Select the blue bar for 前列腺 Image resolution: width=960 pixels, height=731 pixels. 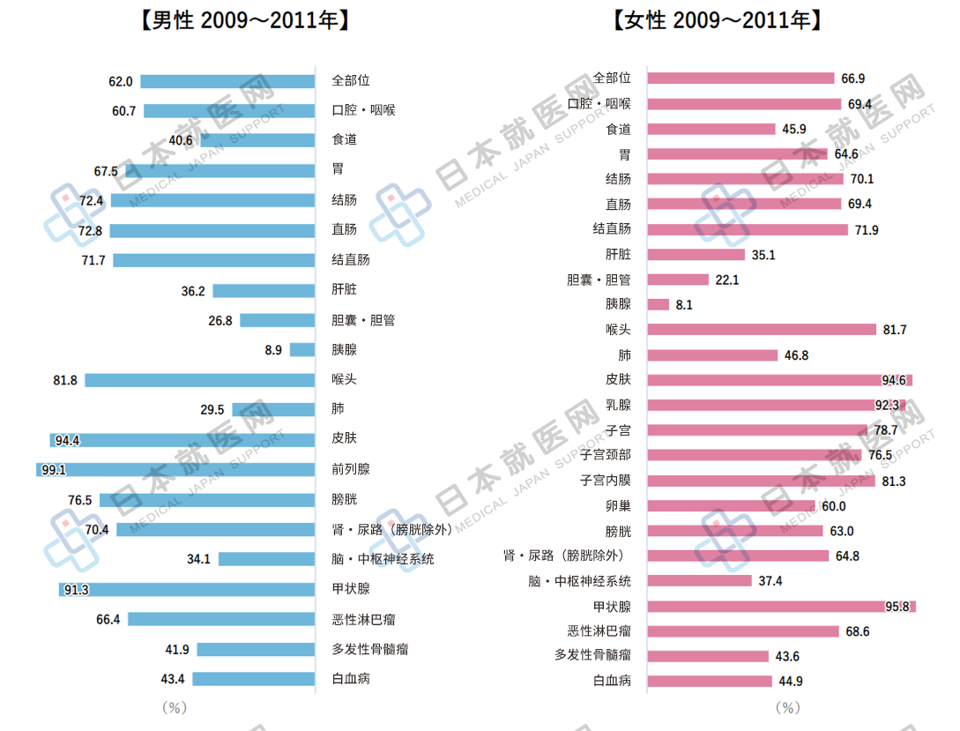coord(175,470)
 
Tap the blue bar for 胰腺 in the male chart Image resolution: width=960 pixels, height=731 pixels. coord(302,350)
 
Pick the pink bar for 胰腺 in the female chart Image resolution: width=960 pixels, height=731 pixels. coord(659,304)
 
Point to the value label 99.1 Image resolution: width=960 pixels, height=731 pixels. coord(53,470)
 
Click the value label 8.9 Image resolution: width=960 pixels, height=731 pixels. coord(273,350)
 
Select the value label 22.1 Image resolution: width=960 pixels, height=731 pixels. coord(726,280)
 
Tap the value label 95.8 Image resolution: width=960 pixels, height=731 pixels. coord(897,607)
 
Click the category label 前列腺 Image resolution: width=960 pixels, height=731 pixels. coord(351,469)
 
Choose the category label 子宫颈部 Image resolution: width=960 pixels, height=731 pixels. coord(605,455)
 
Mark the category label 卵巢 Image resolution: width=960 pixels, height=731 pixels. coord(618,506)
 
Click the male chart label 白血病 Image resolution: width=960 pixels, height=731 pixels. coord(351,679)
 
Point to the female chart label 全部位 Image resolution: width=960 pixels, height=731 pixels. coord(612,78)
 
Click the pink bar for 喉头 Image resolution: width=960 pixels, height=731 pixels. coord(762,330)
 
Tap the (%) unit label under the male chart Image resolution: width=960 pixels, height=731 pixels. coord(175,707)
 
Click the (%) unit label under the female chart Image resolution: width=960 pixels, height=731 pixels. coord(787,707)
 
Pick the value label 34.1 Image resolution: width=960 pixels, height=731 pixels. coord(198,559)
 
